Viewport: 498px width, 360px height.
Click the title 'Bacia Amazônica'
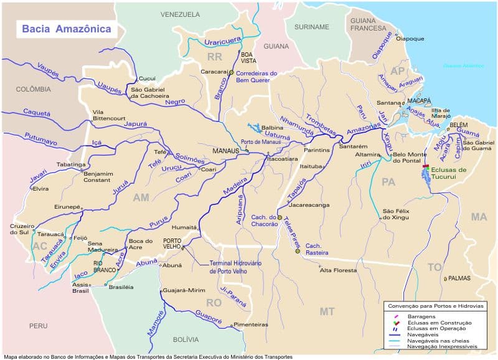(67, 29)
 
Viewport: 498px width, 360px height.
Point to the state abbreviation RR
(215, 57)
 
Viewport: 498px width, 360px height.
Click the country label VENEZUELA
(180, 14)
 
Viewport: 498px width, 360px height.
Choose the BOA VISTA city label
(249, 58)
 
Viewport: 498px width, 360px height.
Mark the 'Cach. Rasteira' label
(317, 249)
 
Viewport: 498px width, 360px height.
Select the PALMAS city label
(459, 278)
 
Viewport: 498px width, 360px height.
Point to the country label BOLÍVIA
(186, 339)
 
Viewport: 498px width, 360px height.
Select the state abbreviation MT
(327, 311)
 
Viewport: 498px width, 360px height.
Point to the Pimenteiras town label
(251, 324)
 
